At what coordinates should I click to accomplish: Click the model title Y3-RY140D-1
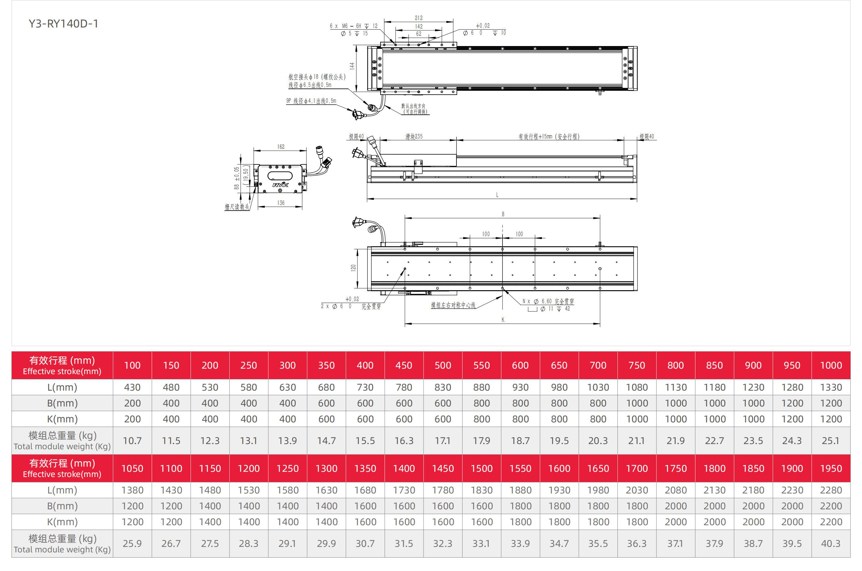point(63,24)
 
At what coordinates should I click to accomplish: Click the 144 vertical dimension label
point(352,66)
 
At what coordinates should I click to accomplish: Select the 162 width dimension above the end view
point(281,147)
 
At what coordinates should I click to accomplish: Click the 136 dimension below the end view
point(281,203)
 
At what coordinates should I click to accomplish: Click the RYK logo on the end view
point(281,185)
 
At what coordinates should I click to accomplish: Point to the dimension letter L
point(497,195)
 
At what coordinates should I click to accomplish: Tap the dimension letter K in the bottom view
point(503,320)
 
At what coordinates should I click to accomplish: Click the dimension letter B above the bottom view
point(503,215)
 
